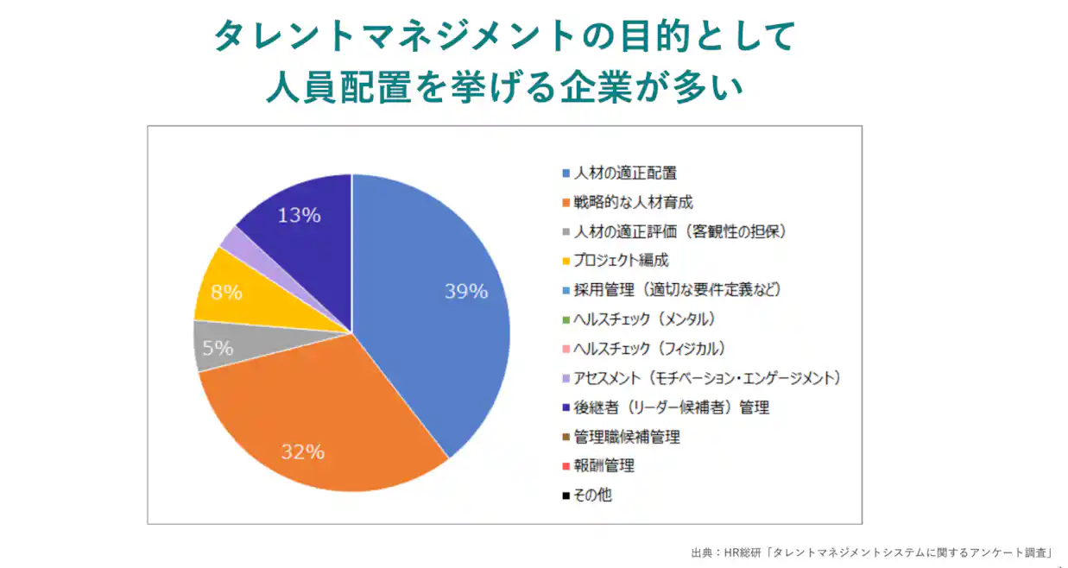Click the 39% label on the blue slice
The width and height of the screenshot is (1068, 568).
pyautogui.click(x=466, y=292)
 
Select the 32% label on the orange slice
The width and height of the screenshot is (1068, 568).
pyautogui.click(x=302, y=451)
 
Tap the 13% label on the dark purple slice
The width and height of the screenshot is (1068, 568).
pyautogui.click(x=299, y=215)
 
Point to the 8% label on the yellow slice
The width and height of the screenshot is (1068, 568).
pyautogui.click(x=225, y=293)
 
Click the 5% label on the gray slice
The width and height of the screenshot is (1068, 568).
pyautogui.click(x=218, y=348)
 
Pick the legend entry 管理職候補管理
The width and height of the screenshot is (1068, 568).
pyautogui.click(x=626, y=437)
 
